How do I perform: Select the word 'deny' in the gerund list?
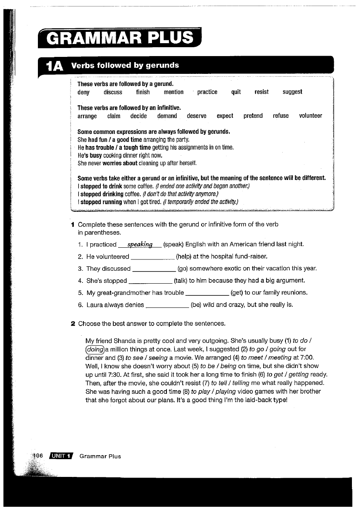pyautogui.click(x=83, y=92)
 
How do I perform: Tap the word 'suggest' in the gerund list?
pyautogui.click(x=292, y=92)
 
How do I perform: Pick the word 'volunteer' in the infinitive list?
pyautogui.click(x=310, y=116)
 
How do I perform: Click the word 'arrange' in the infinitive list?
pyautogui.click(x=87, y=116)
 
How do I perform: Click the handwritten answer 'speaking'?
pyautogui.click(x=139, y=245)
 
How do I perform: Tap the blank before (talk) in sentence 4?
pyautogui.click(x=150, y=281)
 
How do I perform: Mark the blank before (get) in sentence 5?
pyautogui.click(x=207, y=293)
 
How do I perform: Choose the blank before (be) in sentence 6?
pyautogui.click(x=167, y=305)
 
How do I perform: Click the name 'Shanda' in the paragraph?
pyautogui.click(x=128, y=341)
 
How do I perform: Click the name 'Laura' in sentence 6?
pyautogui.click(x=95, y=305)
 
